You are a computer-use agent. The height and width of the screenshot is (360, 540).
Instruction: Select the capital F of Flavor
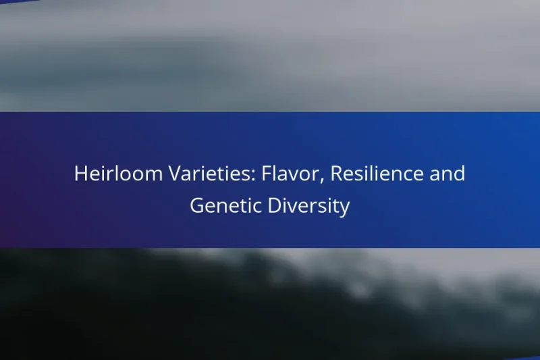tap(246, 174)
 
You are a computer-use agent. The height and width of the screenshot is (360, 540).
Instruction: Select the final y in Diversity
tap(345, 209)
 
